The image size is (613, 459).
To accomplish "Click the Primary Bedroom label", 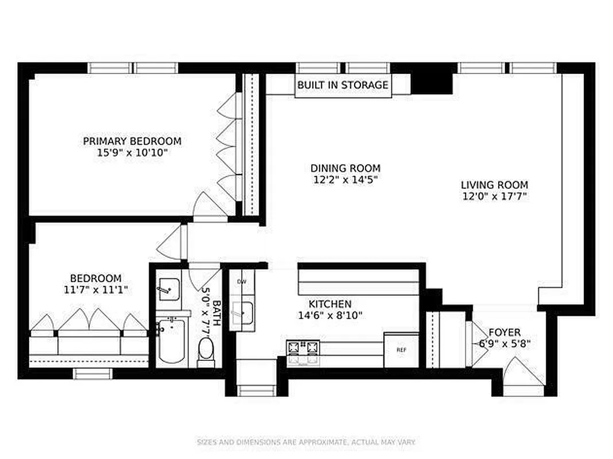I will pyautogui.click(x=132, y=141).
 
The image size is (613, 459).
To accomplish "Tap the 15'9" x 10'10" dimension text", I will pyautogui.click(x=132, y=153).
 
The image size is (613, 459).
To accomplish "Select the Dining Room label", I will pyautogui.click(x=345, y=168).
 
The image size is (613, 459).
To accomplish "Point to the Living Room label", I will pyautogui.click(x=494, y=185).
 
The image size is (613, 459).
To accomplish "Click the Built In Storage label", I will pyautogui.click(x=343, y=85).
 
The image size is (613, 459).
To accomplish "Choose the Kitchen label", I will pyautogui.click(x=330, y=304).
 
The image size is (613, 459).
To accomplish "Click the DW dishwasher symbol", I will pyautogui.click(x=242, y=281).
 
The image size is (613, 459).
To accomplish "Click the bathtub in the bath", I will pyautogui.click(x=171, y=341).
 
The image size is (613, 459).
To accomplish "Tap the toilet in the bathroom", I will pyautogui.click(x=205, y=349).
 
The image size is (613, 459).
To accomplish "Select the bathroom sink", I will pyautogui.click(x=168, y=289).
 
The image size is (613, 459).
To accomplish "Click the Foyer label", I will pyautogui.click(x=505, y=332).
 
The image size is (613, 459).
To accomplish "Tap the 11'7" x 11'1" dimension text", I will pyautogui.click(x=96, y=290).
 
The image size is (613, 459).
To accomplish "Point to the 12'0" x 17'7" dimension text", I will pyautogui.click(x=494, y=197).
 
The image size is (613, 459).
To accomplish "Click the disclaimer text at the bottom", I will pyautogui.click(x=306, y=442).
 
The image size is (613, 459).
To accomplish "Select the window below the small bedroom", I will pyautogui.click(x=90, y=374).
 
